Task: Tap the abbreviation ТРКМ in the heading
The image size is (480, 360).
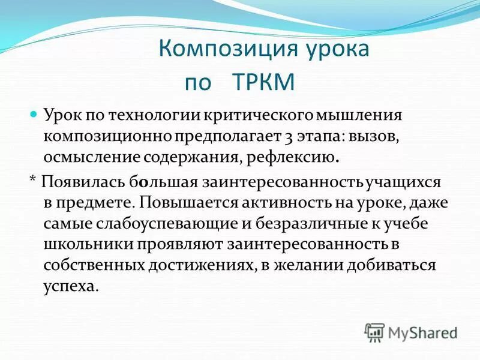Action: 263,82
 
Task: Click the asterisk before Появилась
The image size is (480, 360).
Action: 32,181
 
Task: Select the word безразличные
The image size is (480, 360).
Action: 298,224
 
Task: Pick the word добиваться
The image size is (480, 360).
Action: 395,267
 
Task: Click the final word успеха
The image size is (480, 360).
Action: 70,287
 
